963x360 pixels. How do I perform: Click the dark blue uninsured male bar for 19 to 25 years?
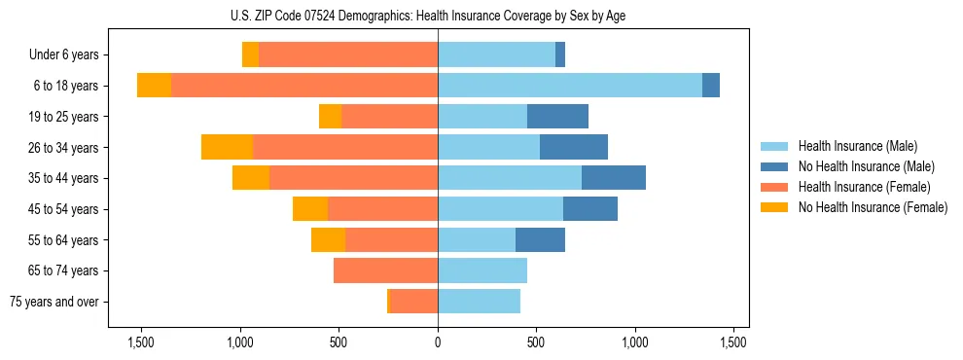(557, 117)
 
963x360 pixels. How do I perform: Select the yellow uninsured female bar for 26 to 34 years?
(227, 148)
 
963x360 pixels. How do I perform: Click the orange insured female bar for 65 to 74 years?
(385, 270)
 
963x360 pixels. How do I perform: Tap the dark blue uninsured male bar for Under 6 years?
(560, 55)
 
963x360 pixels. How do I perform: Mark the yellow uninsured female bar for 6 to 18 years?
(154, 86)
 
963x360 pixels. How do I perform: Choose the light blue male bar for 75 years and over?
(479, 302)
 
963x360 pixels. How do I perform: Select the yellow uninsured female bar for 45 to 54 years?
(310, 209)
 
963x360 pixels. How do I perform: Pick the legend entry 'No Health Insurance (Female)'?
(873, 207)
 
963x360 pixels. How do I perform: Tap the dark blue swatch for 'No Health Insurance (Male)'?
(774, 166)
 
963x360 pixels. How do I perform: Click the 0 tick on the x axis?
(438, 343)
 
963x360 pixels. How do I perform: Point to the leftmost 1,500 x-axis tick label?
(141, 343)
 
